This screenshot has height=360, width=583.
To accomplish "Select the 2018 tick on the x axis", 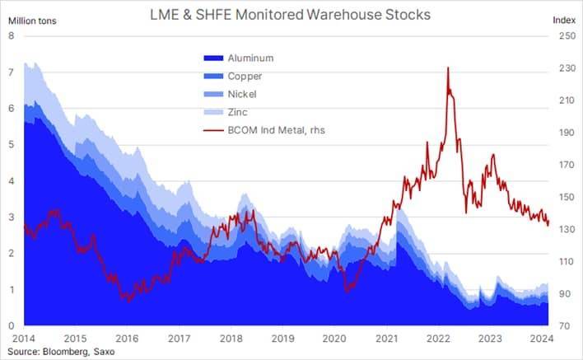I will tap(231, 339).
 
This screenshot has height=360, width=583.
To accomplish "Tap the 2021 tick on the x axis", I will tap(387, 339).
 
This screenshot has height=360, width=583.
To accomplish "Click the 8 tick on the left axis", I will tap(11, 36).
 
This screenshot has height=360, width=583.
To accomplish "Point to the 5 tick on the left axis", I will tap(11, 145).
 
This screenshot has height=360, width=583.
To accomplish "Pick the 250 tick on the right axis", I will tap(567, 36).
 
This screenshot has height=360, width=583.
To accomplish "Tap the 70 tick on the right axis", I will tap(567, 326).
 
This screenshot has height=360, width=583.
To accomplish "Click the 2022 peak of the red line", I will tap(447, 68).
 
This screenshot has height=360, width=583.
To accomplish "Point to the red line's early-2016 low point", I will tap(127, 301).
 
